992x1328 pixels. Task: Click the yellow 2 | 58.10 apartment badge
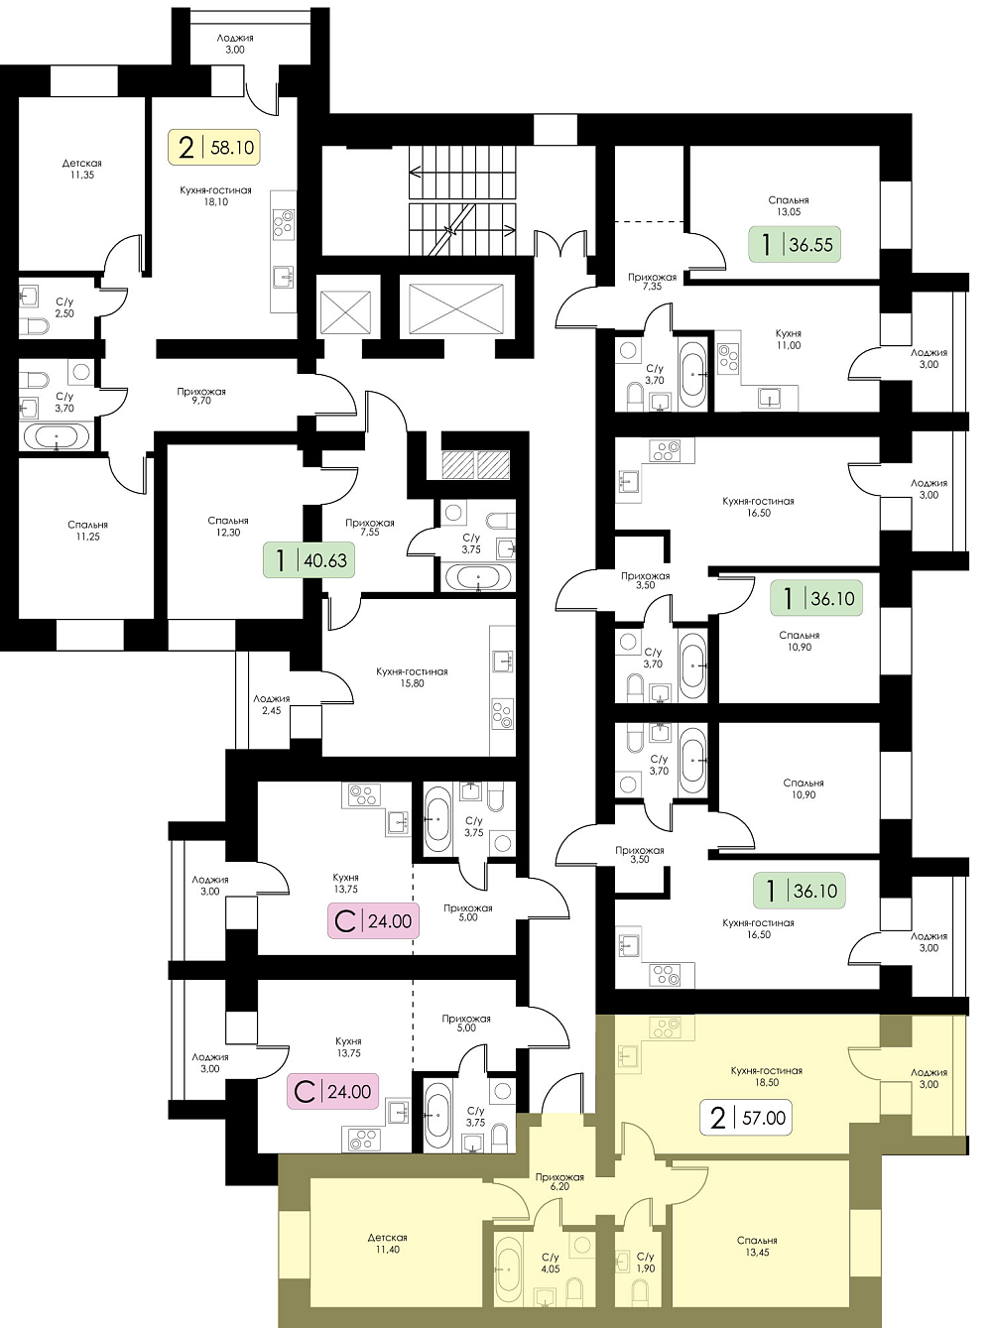(214, 147)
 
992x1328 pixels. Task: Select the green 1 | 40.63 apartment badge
(309, 560)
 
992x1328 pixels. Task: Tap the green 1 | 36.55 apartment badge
(795, 244)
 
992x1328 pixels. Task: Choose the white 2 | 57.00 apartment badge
(746, 1118)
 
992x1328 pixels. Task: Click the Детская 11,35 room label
(81, 169)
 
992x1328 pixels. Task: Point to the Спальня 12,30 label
(227, 527)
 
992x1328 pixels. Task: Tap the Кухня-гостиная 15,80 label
(412, 677)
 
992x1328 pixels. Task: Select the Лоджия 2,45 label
(271, 705)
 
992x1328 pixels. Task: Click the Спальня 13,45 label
(757, 1247)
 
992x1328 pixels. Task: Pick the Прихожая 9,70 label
(200, 396)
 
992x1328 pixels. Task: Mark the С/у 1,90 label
(646, 1263)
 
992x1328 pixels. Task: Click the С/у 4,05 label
(551, 1263)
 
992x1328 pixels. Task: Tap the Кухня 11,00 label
(789, 339)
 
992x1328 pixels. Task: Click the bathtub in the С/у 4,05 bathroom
(508, 1269)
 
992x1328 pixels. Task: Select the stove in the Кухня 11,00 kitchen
(728, 358)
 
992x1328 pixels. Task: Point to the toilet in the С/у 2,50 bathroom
(34, 327)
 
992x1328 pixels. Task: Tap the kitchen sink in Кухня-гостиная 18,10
(283, 277)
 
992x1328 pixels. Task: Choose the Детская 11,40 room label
(387, 1244)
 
